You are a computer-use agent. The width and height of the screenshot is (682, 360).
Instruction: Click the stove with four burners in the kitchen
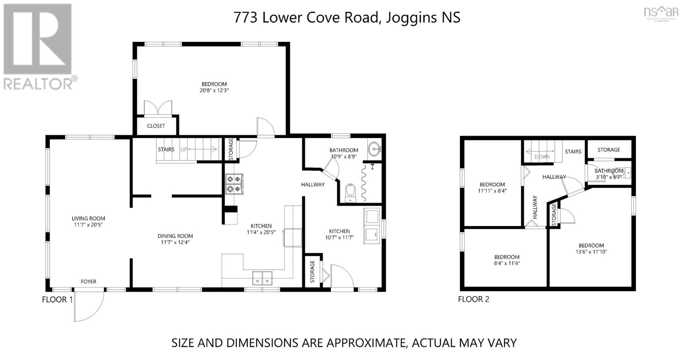(x=234, y=184)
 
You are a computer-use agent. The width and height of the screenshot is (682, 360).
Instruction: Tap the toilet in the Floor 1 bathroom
(x=350, y=193)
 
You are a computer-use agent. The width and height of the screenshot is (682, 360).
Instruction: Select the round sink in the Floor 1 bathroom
(x=375, y=149)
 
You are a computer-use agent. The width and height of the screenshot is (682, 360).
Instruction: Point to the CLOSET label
(x=156, y=126)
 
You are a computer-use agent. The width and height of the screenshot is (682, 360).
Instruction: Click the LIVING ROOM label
(x=88, y=218)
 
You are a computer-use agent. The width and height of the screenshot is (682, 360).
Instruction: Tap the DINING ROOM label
(x=175, y=236)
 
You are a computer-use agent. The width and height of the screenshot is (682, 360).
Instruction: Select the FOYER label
(x=89, y=282)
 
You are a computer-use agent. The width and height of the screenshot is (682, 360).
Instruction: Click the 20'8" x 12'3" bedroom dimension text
(x=214, y=90)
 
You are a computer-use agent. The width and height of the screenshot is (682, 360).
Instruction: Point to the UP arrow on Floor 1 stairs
(x=202, y=149)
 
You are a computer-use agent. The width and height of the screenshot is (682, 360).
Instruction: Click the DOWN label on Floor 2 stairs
(x=542, y=157)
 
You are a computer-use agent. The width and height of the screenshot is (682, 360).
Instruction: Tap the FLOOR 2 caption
(x=474, y=299)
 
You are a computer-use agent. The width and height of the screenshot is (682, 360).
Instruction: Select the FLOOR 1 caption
(x=57, y=299)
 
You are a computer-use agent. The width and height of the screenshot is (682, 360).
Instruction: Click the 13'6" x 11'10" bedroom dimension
(x=591, y=252)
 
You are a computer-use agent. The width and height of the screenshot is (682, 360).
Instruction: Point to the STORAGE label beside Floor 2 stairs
(x=609, y=150)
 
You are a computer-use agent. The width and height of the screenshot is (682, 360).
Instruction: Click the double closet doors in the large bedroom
(x=158, y=108)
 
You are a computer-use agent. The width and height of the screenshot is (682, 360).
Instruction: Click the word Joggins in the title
(x=411, y=17)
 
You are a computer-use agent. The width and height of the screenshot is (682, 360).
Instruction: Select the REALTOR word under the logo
(x=38, y=84)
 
